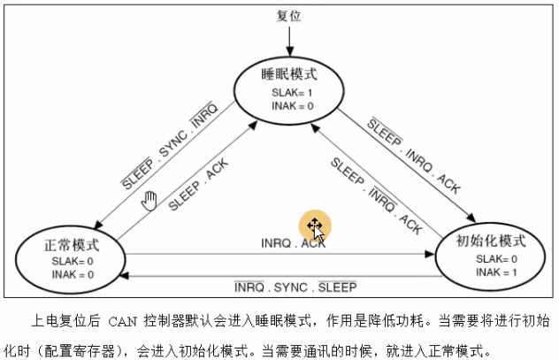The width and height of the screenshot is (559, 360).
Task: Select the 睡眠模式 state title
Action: [288, 73]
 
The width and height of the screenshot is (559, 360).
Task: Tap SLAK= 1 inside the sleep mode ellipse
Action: [288, 92]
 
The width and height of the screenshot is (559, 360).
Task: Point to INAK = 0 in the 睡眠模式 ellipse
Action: [288, 106]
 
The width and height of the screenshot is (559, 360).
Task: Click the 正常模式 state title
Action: [72, 243]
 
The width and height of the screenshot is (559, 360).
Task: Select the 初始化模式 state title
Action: [490, 241]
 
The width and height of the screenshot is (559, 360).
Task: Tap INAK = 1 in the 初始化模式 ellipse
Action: [491, 272]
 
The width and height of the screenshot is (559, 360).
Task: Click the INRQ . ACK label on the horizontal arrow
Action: [293, 242]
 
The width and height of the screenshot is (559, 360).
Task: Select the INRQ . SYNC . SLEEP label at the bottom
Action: [295, 288]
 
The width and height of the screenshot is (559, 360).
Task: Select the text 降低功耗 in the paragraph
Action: [375, 320]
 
